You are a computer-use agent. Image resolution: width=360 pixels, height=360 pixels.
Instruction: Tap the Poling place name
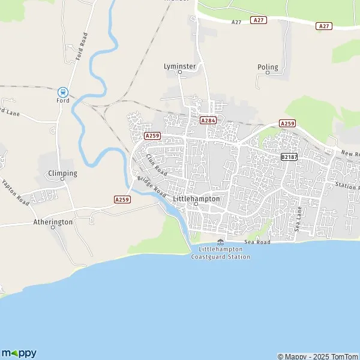(x=268, y=67)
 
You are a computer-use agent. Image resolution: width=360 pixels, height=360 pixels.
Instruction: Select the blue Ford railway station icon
(x=62, y=92)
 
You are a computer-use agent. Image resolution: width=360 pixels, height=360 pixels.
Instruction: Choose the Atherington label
(x=53, y=221)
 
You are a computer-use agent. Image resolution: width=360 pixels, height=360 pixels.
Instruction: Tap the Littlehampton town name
(x=196, y=198)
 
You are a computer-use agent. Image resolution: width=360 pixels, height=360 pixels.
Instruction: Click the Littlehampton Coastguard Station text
(x=220, y=253)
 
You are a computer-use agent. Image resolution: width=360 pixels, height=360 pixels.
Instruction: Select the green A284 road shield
(x=208, y=120)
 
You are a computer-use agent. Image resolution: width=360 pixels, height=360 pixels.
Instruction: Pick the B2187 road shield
(x=289, y=156)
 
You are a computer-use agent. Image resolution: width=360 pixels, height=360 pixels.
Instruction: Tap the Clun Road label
(x=155, y=164)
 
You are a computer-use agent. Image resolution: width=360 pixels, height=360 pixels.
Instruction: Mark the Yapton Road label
(x=16, y=192)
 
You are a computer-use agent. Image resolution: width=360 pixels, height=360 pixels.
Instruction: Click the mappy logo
(x=19, y=353)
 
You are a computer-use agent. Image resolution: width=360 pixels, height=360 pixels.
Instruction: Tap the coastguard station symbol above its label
(x=220, y=241)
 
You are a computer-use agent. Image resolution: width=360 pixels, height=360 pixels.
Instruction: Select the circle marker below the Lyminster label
(x=179, y=72)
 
